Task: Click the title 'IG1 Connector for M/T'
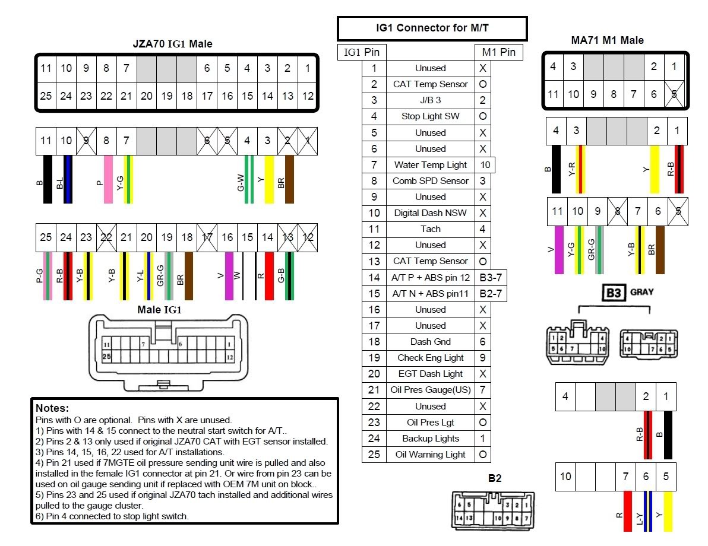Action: (432, 28)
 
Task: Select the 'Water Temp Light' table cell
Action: (431, 165)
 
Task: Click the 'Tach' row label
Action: (431, 229)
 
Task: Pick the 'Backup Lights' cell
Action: (431, 439)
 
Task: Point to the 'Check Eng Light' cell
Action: (431, 358)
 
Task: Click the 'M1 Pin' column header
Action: (499, 52)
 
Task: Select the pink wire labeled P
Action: (108, 179)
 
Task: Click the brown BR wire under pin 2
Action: (289, 179)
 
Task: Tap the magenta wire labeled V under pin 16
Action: (229, 276)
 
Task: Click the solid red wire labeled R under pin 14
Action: (269, 276)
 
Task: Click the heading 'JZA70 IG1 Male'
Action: (172, 44)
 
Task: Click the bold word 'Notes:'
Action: (52, 408)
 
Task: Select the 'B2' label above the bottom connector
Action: (495, 478)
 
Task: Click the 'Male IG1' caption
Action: (159, 309)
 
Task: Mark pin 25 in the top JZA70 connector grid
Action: (46, 96)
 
